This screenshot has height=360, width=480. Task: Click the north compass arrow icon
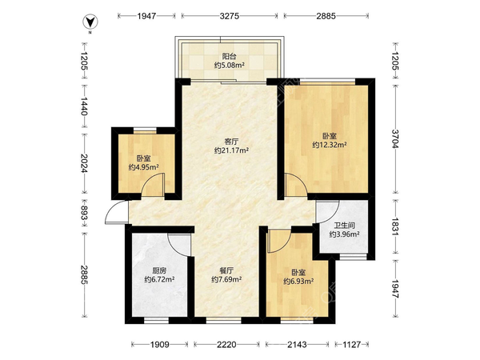point(90,22)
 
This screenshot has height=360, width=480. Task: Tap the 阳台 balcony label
point(230,56)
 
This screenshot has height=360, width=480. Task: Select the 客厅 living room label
point(231,142)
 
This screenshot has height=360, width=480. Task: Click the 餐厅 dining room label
point(227,270)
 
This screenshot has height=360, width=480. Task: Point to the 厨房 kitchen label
point(159,270)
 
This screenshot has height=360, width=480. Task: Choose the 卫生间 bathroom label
point(344,226)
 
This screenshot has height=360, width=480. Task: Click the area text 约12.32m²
point(330,145)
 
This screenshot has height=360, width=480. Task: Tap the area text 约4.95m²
point(143,167)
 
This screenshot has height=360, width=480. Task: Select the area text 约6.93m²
point(298,281)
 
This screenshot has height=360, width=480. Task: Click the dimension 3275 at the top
point(230,16)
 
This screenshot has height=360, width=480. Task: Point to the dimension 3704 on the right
point(395,138)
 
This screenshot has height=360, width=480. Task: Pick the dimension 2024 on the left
point(84,163)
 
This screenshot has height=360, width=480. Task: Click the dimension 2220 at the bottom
point(226,345)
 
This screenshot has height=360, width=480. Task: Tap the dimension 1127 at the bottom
point(352,345)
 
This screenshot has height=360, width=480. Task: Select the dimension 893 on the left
point(84,213)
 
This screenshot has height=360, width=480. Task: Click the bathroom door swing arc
point(334,215)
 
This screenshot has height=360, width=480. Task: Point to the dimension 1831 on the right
point(395,227)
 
